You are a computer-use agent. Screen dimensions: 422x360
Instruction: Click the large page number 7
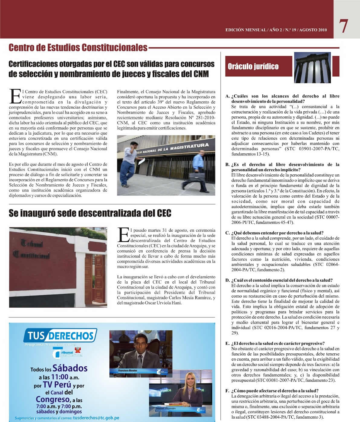click(x=343, y=27)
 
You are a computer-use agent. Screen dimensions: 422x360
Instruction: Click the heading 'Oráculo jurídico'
click(x=253, y=67)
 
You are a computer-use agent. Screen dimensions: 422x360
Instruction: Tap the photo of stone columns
click(x=312, y=67)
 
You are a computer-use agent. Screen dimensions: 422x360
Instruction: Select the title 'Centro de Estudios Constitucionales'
click(x=78, y=47)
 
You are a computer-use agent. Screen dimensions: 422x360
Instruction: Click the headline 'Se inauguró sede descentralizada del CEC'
click(x=90, y=213)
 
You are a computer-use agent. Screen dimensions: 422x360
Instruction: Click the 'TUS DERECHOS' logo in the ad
click(x=60, y=335)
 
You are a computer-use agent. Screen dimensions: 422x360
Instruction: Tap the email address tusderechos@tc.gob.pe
click(x=96, y=418)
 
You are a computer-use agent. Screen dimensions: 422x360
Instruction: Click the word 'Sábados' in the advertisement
click(x=70, y=368)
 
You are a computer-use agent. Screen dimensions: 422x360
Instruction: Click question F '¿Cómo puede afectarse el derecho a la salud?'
click(x=274, y=391)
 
